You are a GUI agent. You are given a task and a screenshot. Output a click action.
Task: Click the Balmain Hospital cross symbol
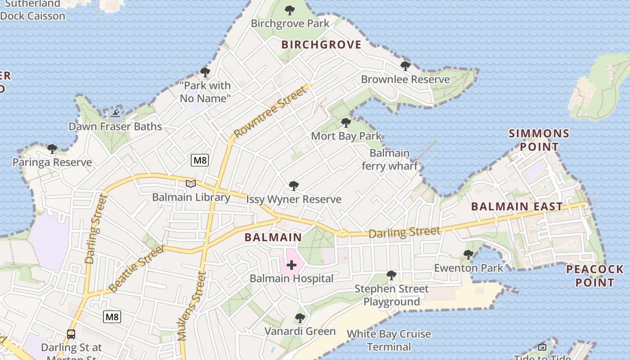pos(292,265)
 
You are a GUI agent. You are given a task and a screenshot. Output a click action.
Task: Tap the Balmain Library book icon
pos(191,184)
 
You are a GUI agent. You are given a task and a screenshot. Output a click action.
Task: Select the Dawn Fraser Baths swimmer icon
pos(115,113)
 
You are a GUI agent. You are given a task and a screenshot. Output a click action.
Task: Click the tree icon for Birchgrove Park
pos(290,10)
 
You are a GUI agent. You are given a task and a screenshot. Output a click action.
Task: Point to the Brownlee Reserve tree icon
pos(405,66)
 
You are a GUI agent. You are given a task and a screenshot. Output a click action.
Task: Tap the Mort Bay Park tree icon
pos(346,122)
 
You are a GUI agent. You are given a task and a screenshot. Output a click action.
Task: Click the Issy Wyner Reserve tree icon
pos(293,186)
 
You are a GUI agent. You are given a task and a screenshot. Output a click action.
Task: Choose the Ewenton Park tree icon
pos(468,255)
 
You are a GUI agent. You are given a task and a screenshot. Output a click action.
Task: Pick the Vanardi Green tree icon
pos(300,318)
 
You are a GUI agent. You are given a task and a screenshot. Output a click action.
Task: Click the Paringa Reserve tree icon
pos(52,149)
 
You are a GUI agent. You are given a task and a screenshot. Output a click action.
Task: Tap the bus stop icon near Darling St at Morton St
pos(71,334)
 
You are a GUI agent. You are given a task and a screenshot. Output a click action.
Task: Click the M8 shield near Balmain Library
pos(199,160)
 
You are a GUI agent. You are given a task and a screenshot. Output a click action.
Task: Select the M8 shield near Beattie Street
pos(112,317)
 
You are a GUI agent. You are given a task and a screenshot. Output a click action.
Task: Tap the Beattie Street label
pos(136,268)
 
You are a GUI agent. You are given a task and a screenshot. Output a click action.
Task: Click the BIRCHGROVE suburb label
pos(321,45)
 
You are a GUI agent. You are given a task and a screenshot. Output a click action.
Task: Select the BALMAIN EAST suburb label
pos(517,207)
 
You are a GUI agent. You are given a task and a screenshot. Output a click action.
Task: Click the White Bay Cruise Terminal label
pos(389,340)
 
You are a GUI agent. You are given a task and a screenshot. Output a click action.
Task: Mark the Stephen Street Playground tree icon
pos(391,275)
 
